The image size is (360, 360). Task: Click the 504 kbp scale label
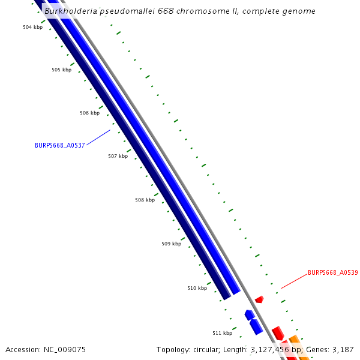coord(32,28)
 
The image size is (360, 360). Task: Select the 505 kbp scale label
coord(61,70)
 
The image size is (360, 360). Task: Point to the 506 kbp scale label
coord(89,113)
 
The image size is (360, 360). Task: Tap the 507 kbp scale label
coord(118,157)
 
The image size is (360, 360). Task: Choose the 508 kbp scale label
coord(145,200)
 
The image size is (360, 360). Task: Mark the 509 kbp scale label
coord(171,244)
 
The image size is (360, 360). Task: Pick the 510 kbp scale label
coord(197,289)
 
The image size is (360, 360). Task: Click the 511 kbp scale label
coord(222,333)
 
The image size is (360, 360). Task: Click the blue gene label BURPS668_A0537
coord(60,145)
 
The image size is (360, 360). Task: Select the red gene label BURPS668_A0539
coord(332,272)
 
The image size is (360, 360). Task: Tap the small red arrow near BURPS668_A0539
coord(259,299)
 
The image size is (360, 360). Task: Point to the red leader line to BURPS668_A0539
coord(293,281)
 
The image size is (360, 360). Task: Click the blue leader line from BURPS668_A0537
coord(98,137)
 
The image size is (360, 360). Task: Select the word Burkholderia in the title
coord(71,11)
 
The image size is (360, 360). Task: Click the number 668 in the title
coord(158,11)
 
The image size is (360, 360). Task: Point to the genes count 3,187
coord(343,349)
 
